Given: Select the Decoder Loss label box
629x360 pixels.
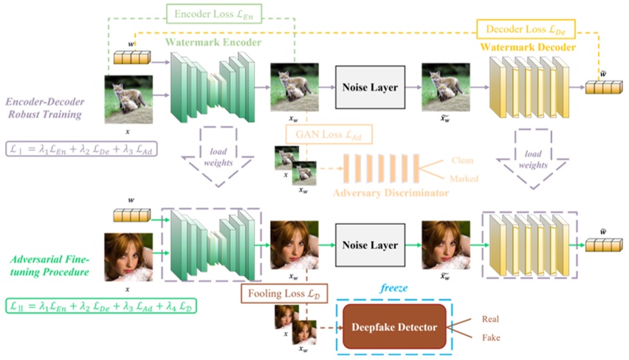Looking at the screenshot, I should [x=525, y=30].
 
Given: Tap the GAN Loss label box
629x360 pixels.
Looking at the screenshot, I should [x=329, y=134].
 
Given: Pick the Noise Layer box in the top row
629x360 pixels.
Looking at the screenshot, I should [x=370, y=88].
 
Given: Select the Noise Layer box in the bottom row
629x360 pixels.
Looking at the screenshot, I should [x=370, y=246].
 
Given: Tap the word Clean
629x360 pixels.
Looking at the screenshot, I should [x=464, y=160].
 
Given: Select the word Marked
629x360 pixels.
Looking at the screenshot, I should [x=465, y=179].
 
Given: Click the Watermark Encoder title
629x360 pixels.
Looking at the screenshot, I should [x=213, y=44].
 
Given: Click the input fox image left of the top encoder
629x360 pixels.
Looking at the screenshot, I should [x=128, y=98].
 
